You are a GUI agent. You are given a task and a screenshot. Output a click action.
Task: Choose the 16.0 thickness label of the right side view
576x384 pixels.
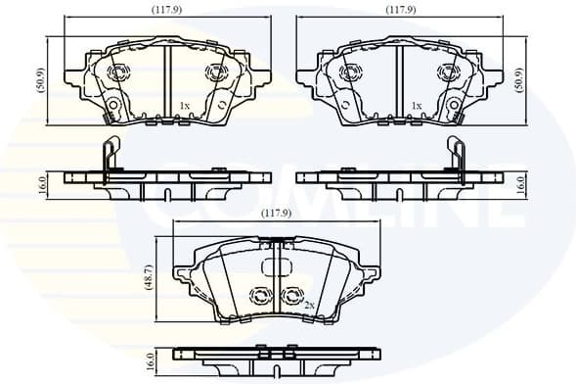(x=520, y=182)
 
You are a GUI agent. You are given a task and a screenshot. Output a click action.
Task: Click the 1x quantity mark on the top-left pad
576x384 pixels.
(x=183, y=105)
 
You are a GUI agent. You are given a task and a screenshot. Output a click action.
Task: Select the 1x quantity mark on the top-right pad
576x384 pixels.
(x=416, y=105)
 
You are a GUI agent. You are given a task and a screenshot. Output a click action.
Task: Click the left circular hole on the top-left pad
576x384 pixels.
(x=118, y=72)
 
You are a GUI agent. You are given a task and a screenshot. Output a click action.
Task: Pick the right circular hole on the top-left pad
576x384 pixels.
(x=214, y=72)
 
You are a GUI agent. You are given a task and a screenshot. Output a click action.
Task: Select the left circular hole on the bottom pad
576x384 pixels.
(x=261, y=296)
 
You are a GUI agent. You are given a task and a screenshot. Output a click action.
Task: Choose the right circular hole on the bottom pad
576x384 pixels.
(x=289, y=296)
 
